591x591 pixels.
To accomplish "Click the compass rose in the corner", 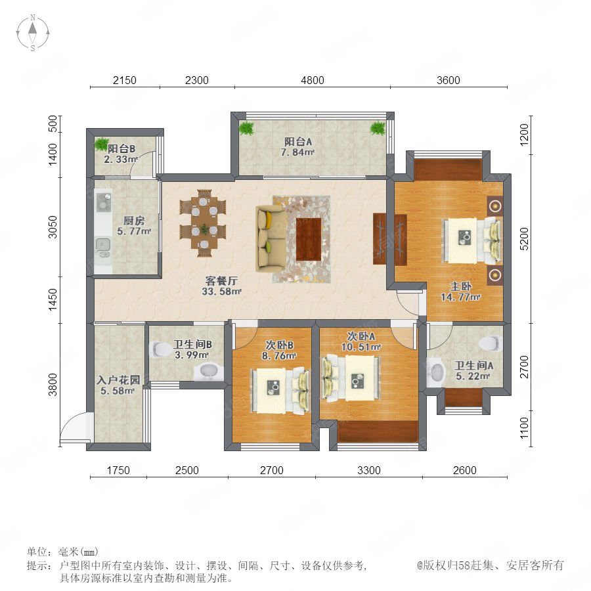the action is [x=33, y=32].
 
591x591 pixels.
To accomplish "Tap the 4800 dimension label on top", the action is [x=313, y=80].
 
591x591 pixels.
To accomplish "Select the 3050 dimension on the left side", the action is [x=53, y=227].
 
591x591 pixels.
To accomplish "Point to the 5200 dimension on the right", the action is [x=524, y=238].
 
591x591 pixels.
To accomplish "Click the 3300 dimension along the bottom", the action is [x=369, y=470].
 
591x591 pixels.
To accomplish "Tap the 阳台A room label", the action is [x=297, y=142].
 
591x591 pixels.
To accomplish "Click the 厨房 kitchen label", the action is [x=134, y=221].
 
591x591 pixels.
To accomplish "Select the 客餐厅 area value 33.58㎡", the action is [x=222, y=292].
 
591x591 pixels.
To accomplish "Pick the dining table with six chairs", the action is [x=203, y=223].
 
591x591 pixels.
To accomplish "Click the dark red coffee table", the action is [x=309, y=239].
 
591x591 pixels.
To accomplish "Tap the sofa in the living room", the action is [x=271, y=238].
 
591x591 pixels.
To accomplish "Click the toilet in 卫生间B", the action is [x=161, y=349].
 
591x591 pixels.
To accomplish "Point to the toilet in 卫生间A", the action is [x=490, y=343].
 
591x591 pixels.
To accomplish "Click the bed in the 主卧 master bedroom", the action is [x=472, y=241].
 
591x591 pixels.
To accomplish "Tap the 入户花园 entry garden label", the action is [x=118, y=380].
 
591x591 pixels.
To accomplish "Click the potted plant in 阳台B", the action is [x=101, y=144].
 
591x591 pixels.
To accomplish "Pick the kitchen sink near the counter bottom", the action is [x=102, y=244].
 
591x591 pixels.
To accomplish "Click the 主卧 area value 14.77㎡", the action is [x=460, y=297].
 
